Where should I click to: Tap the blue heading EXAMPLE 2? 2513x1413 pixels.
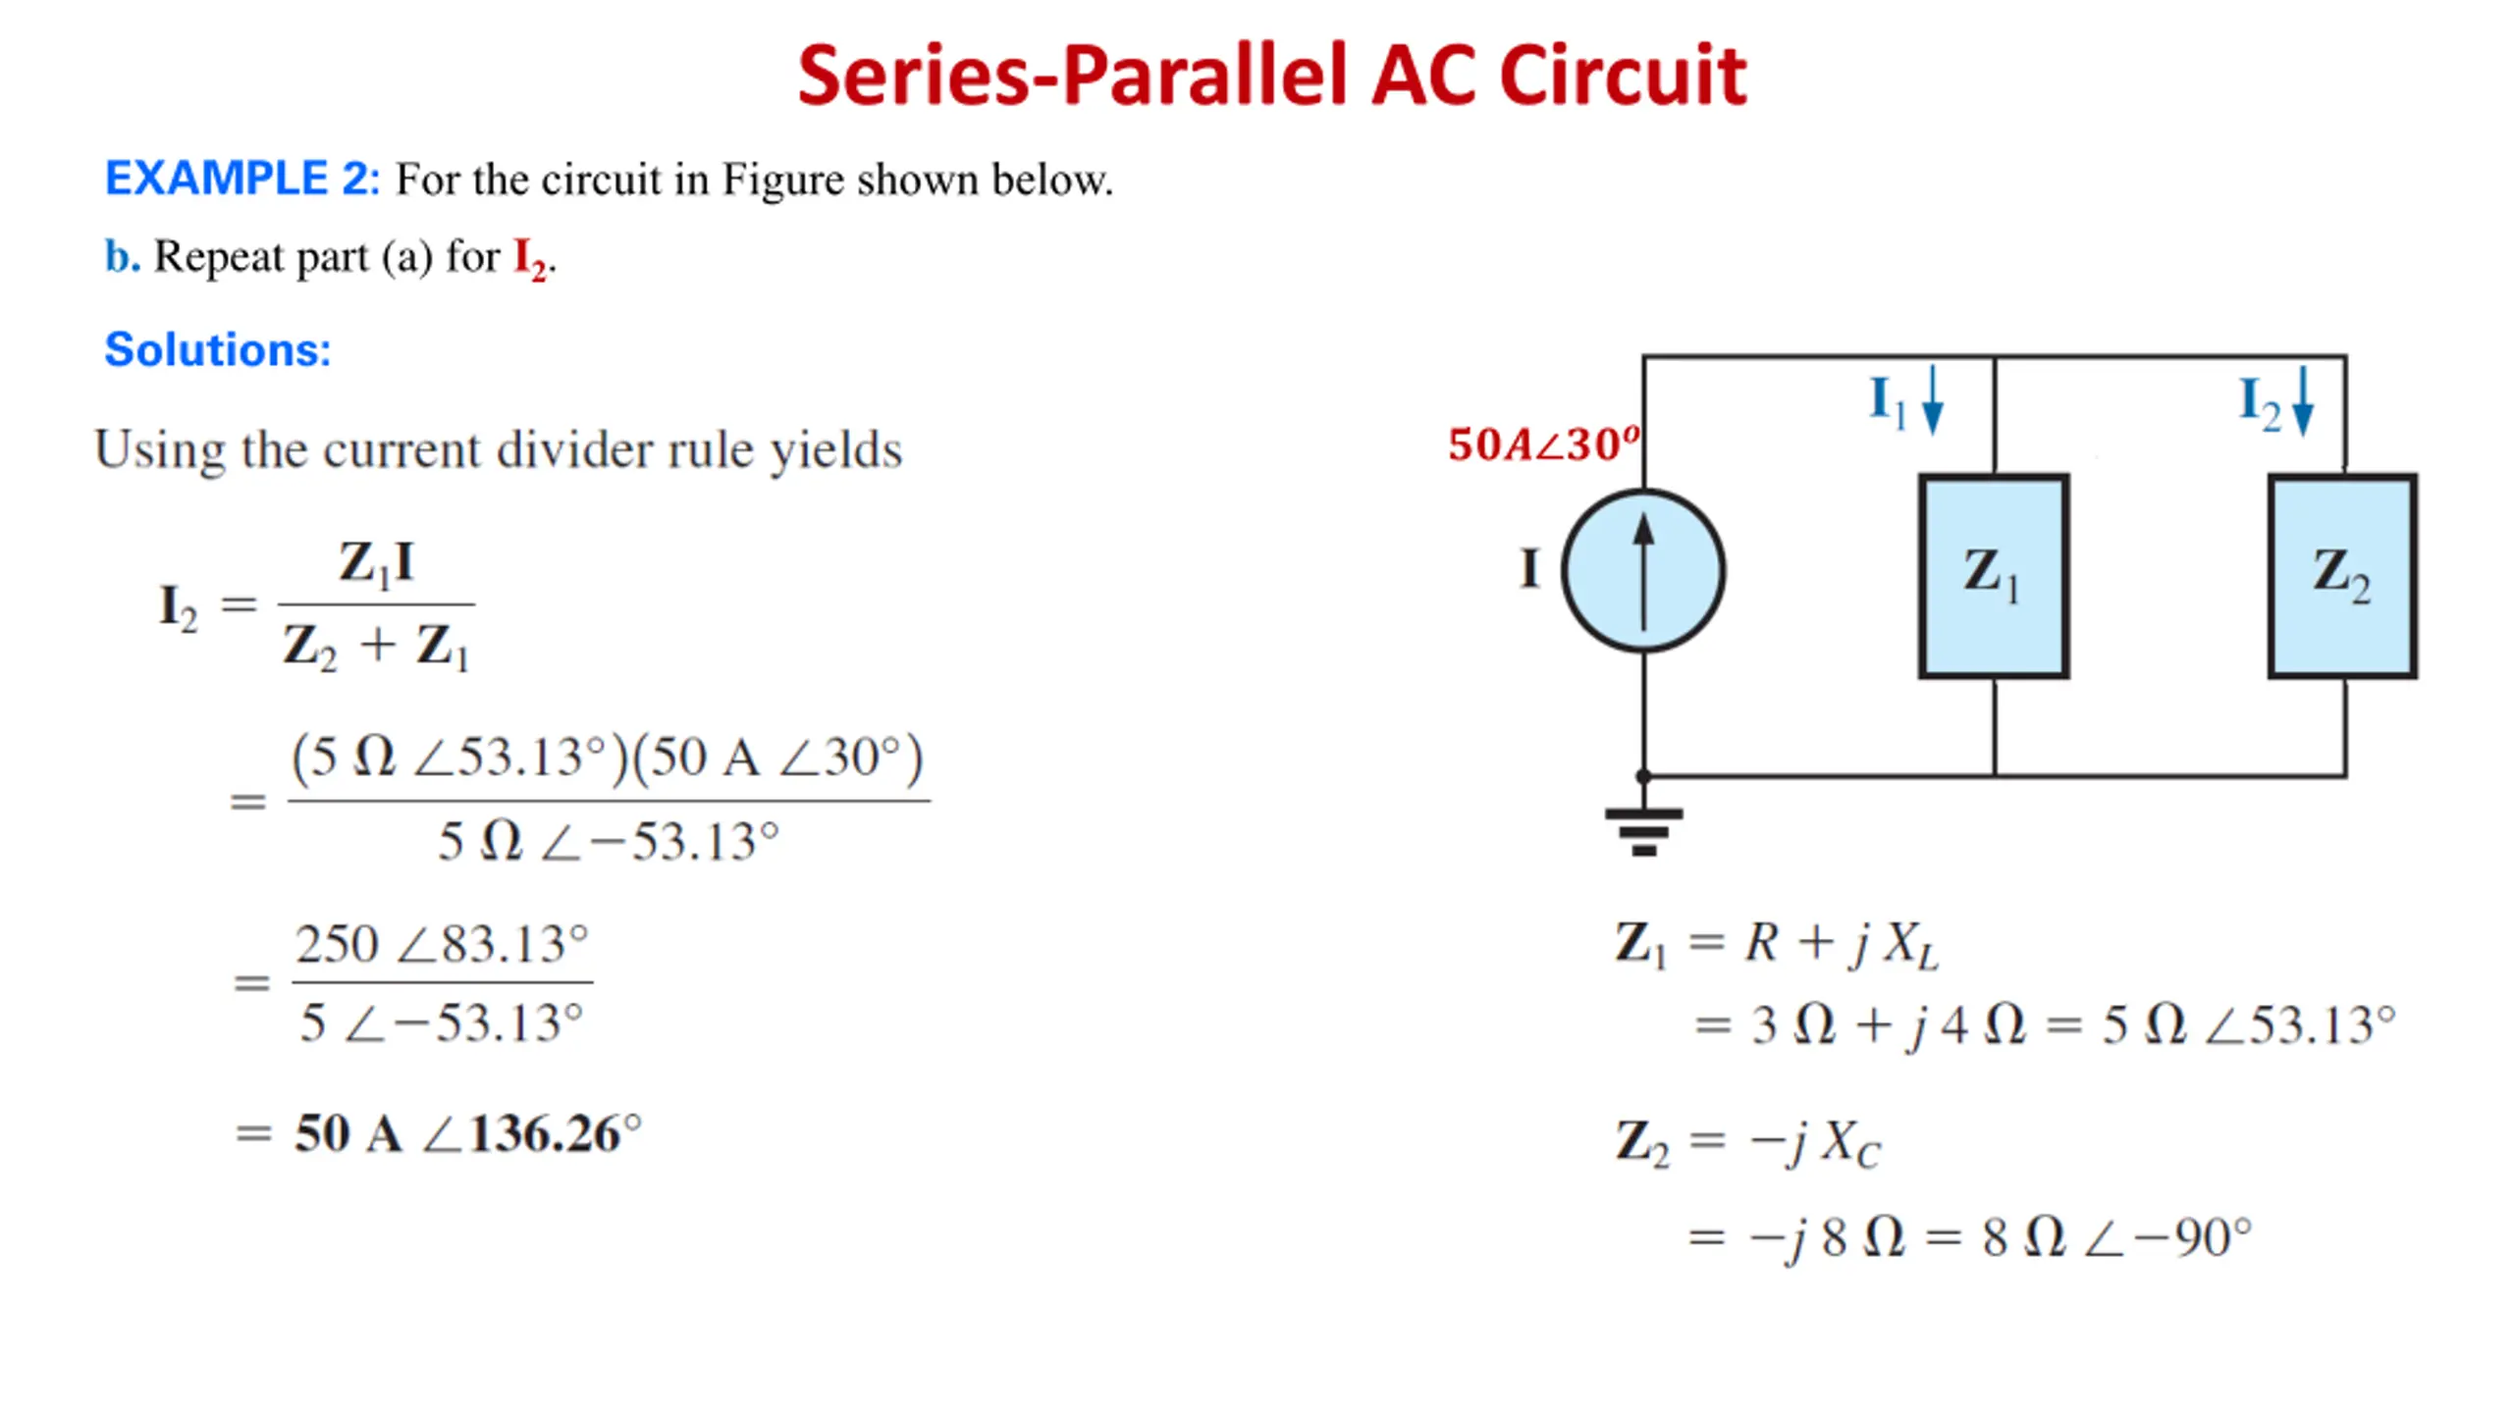coord(241,179)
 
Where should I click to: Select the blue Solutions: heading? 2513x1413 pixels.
coord(218,349)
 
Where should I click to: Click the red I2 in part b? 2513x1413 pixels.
coord(530,259)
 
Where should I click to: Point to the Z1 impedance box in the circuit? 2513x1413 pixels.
coord(1994,576)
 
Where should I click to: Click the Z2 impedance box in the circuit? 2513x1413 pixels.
coord(2342,576)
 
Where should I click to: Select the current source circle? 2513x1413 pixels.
coord(1643,570)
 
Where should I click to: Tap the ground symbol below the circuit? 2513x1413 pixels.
coord(1643,830)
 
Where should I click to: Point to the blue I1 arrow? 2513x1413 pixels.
coord(1932,400)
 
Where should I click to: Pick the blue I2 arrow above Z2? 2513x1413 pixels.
coord(2302,400)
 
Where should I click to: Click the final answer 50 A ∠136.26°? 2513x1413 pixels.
coord(467,1134)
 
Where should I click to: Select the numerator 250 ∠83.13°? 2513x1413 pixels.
coord(442,944)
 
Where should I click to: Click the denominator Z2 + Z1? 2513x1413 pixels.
coord(377,648)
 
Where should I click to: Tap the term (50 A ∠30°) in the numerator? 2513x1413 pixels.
coord(778,758)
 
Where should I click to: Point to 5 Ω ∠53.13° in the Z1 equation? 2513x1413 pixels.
coord(2248,1025)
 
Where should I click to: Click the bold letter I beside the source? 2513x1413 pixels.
coord(1529,569)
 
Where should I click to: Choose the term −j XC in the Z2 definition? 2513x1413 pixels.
coord(1815,1143)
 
